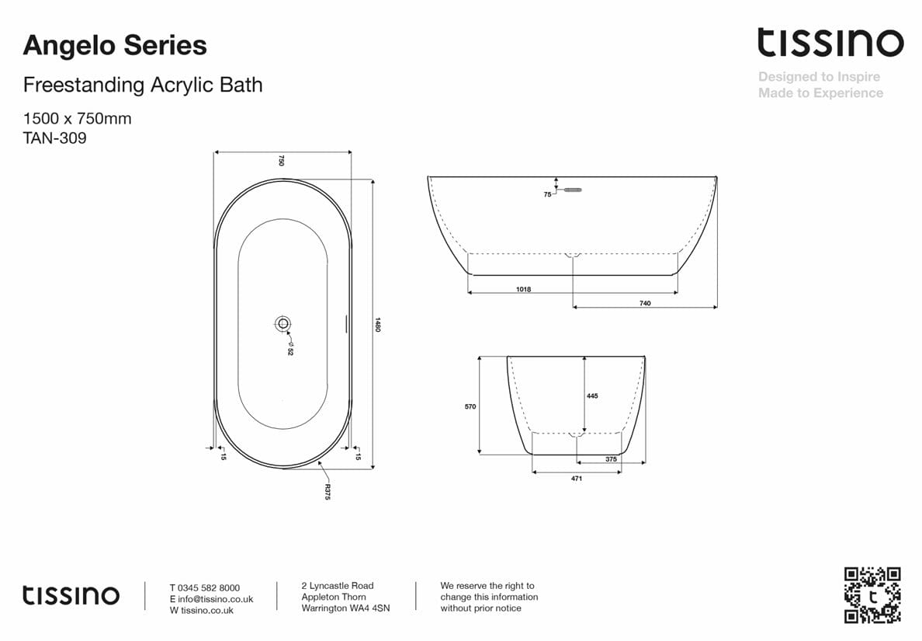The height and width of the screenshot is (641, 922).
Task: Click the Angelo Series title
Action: (x=115, y=46)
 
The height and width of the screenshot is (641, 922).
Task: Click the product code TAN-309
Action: (x=54, y=139)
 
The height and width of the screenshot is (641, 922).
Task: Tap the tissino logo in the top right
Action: (x=830, y=43)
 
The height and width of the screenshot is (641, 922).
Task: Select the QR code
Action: (x=872, y=595)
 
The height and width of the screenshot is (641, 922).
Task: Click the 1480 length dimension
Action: (x=378, y=324)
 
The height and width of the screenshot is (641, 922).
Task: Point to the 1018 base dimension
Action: (x=523, y=289)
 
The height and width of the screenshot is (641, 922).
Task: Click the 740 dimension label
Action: (x=645, y=303)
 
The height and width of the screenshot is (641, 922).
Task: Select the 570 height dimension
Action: (x=470, y=406)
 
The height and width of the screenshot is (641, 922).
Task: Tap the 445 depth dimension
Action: (x=592, y=395)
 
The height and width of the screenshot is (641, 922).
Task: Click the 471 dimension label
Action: (x=577, y=479)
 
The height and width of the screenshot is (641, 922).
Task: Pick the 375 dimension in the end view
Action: (x=611, y=459)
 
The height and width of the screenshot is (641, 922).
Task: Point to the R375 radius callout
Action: (x=328, y=491)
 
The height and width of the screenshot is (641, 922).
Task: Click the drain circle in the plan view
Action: (x=282, y=323)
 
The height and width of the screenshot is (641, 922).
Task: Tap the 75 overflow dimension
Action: (x=547, y=194)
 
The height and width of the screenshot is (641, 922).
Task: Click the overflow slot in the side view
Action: (x=572, y=188)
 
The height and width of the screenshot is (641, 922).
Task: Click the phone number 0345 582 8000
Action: (x=209, y=588)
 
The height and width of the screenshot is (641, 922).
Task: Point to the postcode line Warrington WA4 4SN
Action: (x=345, y=608)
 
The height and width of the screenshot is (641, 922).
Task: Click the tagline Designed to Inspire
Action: (x=819, y=77)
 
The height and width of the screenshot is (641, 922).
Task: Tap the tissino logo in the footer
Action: (x=71, y=596)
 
